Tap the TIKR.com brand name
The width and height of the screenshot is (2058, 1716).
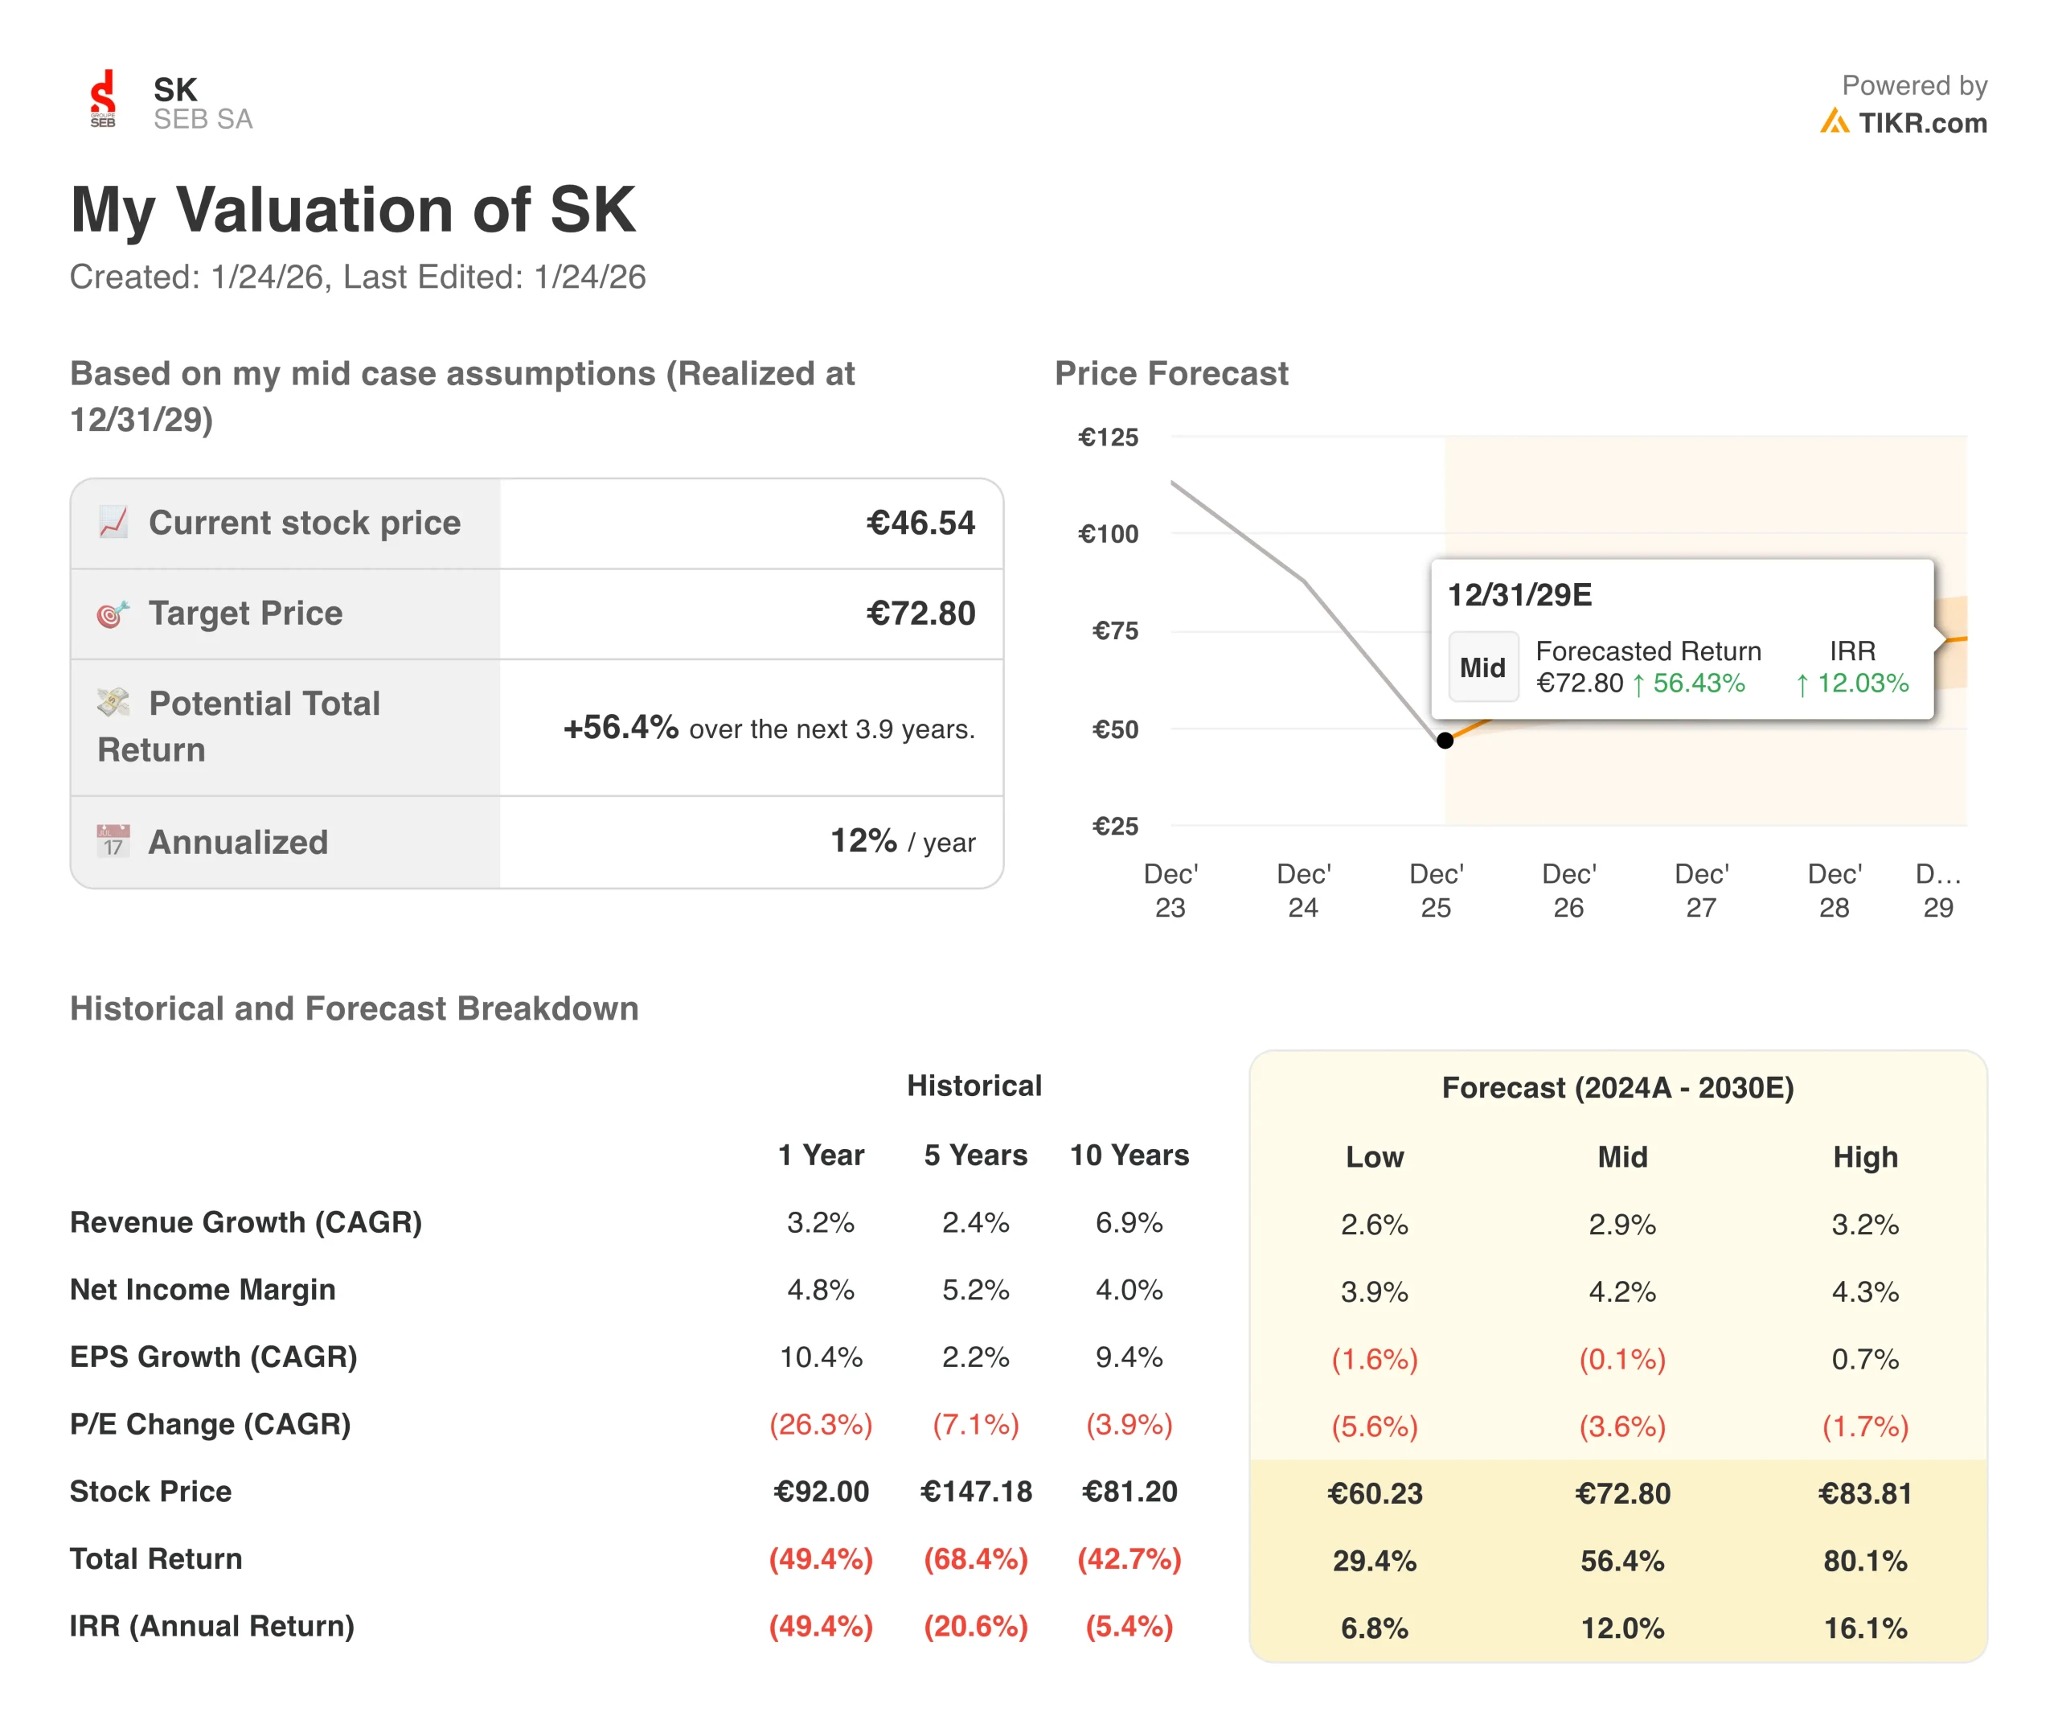click(x=1922, y=124)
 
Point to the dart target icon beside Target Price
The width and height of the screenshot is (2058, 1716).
click(x=113, y=614)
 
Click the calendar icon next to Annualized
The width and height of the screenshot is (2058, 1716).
click(x=113, y=841)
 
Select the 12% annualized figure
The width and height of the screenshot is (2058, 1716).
click(x=863, y=841)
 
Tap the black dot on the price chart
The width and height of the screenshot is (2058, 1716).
click(x=1445, y=740)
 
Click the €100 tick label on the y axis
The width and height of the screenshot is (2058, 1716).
click(x=1109, y=534)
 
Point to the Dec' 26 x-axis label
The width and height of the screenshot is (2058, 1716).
click(x=1568, y=890)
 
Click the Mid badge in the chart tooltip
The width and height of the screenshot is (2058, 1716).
click(x=1482, y=667)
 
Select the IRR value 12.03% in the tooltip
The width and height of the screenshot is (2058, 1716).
click(x=1862, y=683)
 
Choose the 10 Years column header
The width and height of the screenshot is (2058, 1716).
click(x=1129, y=1155)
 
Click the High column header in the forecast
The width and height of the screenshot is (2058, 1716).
click(x=1865, y=1156)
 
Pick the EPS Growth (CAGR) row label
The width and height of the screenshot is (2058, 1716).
click(x=214, y=1357)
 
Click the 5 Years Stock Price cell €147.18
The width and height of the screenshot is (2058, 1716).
click(x=976, y=1492)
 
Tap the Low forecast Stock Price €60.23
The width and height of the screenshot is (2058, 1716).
click(x=1374, y=1493)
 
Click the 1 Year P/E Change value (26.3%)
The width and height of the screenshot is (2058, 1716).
click(x=820, y=1424)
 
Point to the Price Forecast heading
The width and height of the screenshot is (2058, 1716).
click(x=1171, y=373)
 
